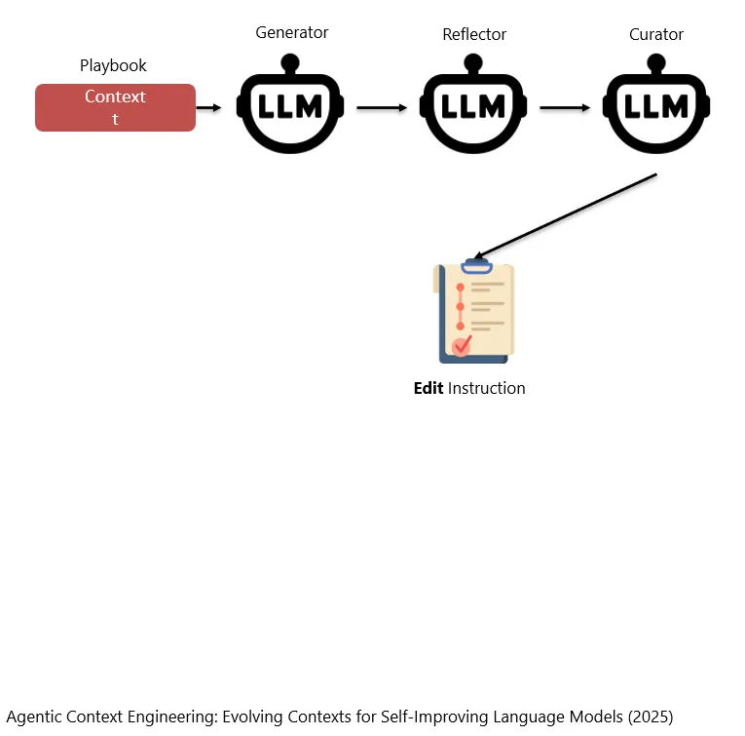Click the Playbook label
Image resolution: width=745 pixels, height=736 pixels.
(x=113, y=65)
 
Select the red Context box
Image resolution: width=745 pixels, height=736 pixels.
(x=116, y=107)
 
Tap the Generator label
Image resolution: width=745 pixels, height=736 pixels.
(x=292, y=32)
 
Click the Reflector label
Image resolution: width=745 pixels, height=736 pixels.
(x=474, y=34)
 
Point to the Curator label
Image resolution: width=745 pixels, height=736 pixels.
(x=656, y=34)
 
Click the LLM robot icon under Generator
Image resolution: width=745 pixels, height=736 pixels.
(x=290, y=103)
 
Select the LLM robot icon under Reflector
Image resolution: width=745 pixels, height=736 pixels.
(x=473, y=103)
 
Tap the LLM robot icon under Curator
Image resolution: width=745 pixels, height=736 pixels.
(x=656, y=103)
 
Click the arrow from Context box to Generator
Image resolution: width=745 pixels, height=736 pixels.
(x=209, y=108)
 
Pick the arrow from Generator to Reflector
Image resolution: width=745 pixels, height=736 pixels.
(x=382, y=108)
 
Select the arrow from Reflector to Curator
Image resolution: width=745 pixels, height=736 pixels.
(x=565, y=108)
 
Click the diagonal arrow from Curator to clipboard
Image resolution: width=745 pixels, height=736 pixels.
(x=566, y=216)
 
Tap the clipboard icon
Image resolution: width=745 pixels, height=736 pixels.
(x=473, y=311)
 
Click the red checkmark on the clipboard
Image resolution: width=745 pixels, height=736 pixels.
(x=462, y=345)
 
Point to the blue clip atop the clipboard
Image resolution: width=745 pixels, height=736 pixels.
(x=476, y=266)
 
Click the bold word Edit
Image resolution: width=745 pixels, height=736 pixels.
(x=428, y=388)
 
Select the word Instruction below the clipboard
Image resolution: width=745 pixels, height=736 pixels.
(x=487, y=388)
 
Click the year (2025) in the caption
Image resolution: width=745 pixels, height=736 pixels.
(x=651, y=717)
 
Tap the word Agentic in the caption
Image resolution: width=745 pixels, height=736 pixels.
(x=34, y=717)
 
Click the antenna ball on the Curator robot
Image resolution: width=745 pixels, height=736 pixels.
(x=656, y=62)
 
